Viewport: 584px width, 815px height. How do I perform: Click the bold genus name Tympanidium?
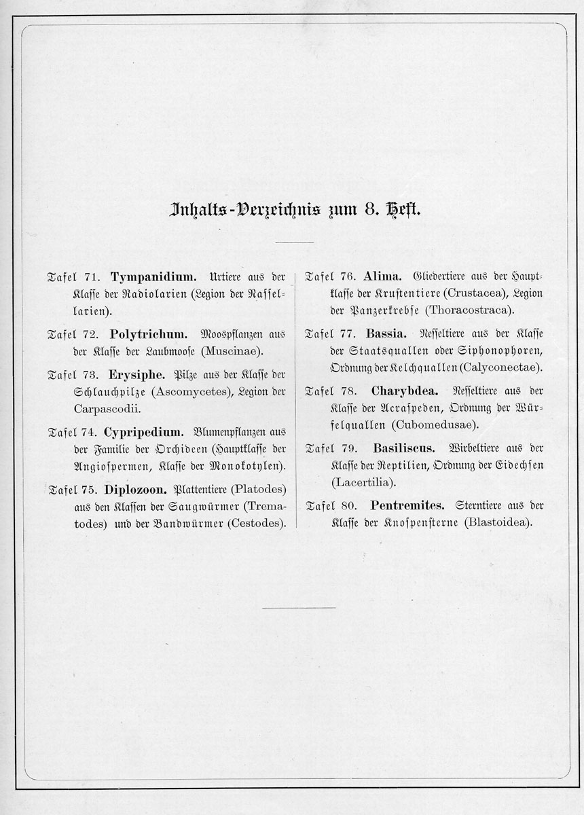(153, 277)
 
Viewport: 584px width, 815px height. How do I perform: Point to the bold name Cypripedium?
(143, 431)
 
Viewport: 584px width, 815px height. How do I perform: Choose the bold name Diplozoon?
(136, 489)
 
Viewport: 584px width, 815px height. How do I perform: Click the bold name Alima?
(384, 276)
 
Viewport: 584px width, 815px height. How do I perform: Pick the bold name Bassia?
(386, 334)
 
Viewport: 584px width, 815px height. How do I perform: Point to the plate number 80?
(348, 506)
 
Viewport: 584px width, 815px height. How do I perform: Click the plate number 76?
(348, 277)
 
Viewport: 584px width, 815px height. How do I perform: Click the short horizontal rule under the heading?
(295, 242)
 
